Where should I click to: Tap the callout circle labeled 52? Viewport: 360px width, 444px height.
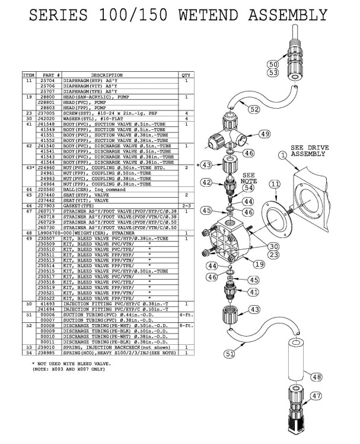pos(237,109)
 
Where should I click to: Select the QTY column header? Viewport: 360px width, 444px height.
pos(186,75)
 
